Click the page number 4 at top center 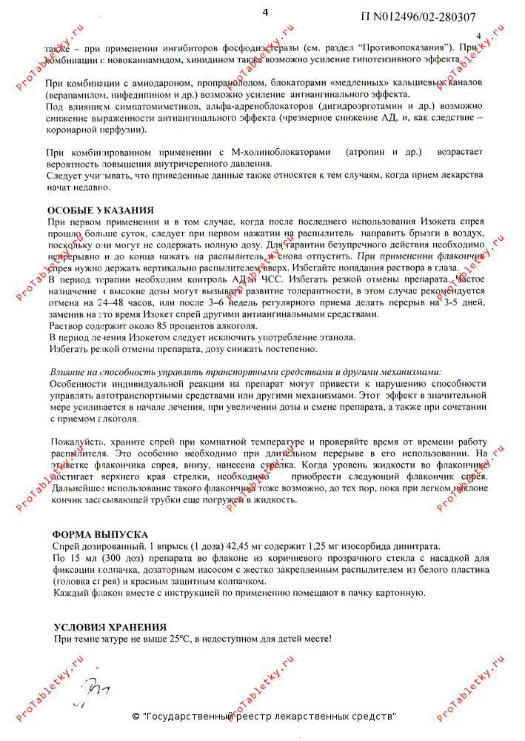(265, 12)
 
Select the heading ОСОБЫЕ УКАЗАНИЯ (101, 210)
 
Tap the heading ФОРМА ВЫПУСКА (100, 534)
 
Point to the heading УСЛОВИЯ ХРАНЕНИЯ (110, 626)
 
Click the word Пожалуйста (73, 440)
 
